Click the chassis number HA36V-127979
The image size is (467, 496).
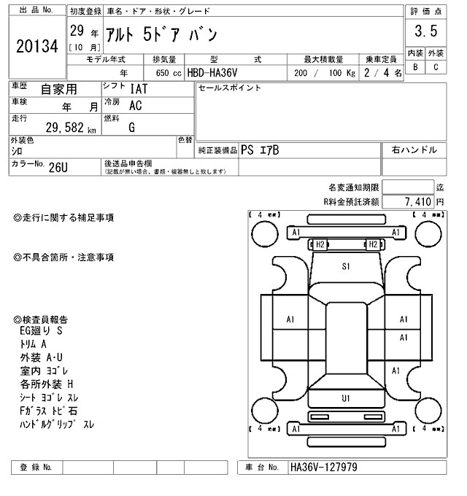tap(324, 467)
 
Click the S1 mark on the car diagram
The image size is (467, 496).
tap(346, 267)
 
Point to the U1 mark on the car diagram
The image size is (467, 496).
tap(346, 398)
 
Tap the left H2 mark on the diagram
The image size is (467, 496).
tap(320, 244)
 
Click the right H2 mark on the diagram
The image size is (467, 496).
tap(372, 244)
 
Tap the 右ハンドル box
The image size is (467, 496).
tap(414, 150)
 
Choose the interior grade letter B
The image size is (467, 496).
tap(415, 67)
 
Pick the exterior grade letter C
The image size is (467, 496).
tap(436, 67)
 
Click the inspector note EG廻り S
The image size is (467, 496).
tap(42, 331)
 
